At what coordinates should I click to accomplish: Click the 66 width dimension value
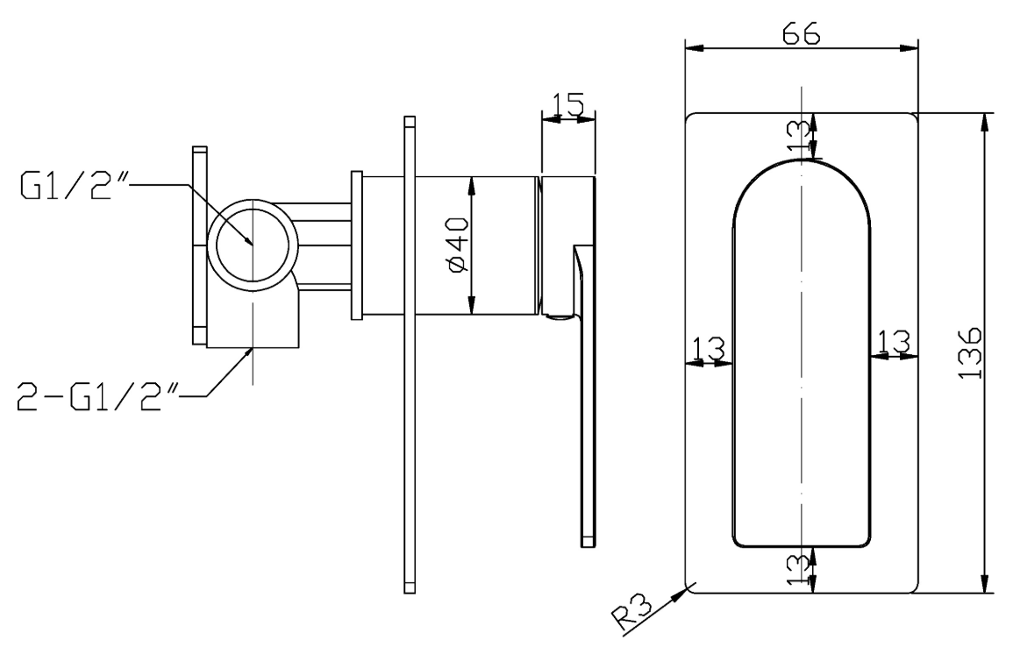tap(801, 33)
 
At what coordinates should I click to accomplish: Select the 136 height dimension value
tap(970, 353)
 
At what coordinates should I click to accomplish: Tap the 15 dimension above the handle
tap(568, 104)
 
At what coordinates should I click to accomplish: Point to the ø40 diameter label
tap(458, 245)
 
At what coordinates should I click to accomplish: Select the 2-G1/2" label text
tap(97, 397)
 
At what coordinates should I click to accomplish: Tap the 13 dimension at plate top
tap(798, 136)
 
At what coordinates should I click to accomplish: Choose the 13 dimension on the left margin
tap(709, 349)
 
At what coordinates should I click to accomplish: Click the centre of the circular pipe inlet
tap(252, 245)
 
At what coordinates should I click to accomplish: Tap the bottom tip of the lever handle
tap(588, 546)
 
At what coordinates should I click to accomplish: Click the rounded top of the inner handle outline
tap(802, 160)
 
